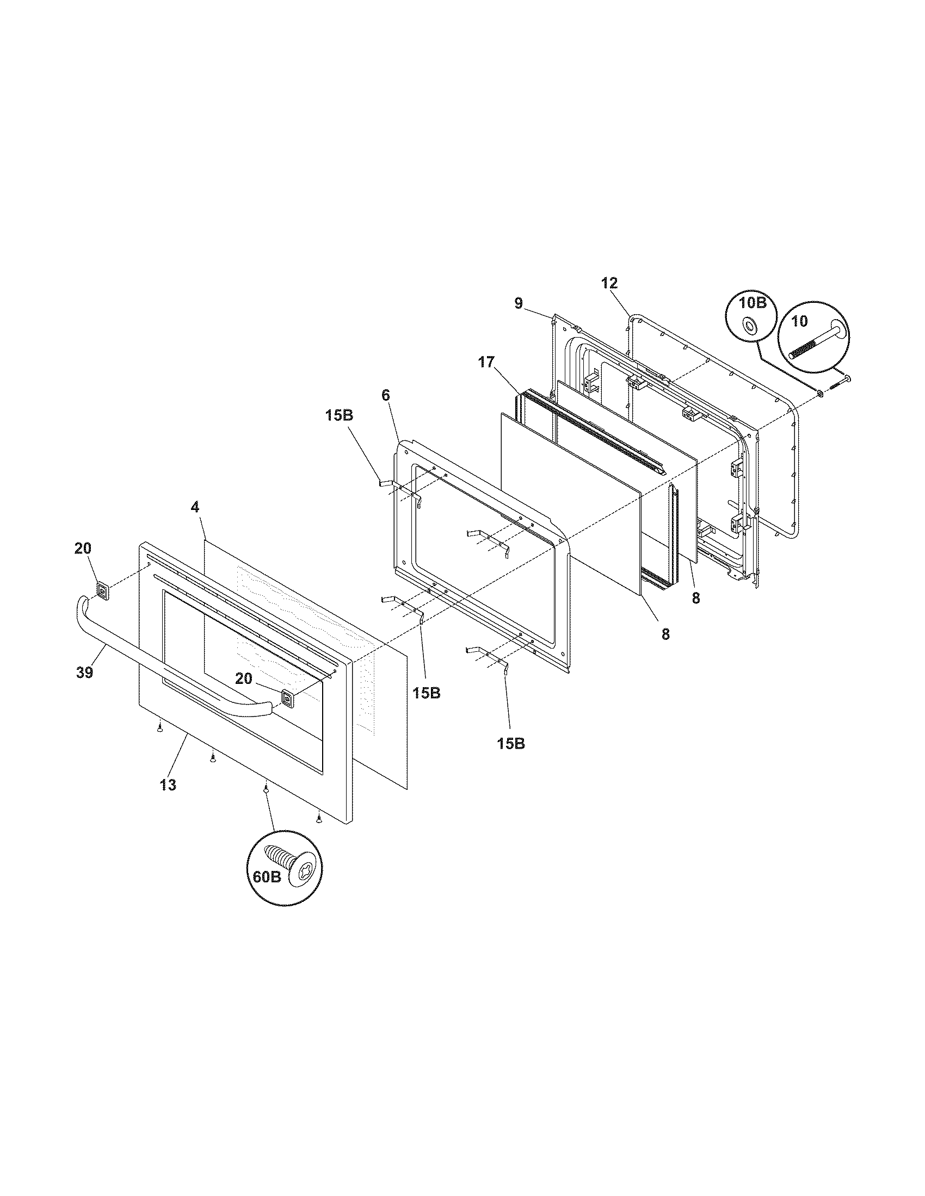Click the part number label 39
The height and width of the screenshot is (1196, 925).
point(85,672)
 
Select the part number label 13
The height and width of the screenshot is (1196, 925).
point(168,784)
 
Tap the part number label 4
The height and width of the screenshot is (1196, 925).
point(195,507)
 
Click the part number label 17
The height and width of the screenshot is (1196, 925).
point(486,362)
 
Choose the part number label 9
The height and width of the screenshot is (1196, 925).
point(519,303)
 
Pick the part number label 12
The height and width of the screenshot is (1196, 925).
point(609,283)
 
